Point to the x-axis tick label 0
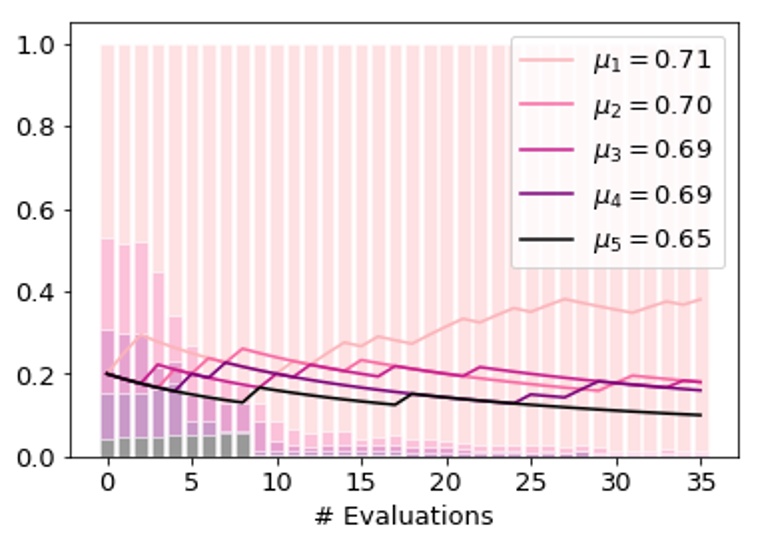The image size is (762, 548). point(108,484)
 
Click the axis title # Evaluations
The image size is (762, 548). point(404,516)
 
